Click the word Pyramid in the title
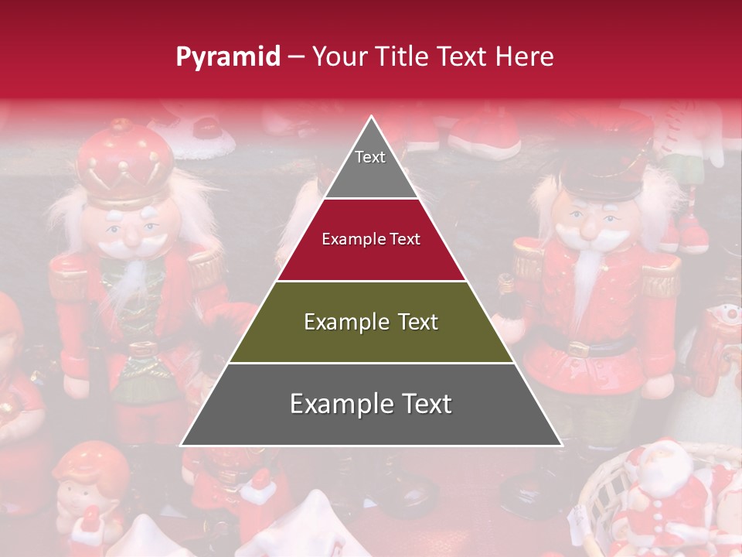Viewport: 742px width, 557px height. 227,57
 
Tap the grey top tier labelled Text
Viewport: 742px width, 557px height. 370,162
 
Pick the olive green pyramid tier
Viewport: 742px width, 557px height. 371,322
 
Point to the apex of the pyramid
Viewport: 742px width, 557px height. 371,117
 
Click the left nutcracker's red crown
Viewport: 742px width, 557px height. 126,159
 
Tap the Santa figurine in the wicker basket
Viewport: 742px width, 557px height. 661,487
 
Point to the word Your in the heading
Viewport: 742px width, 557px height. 340,56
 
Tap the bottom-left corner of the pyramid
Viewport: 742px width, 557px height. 181,445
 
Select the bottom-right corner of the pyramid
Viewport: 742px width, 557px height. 562,445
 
